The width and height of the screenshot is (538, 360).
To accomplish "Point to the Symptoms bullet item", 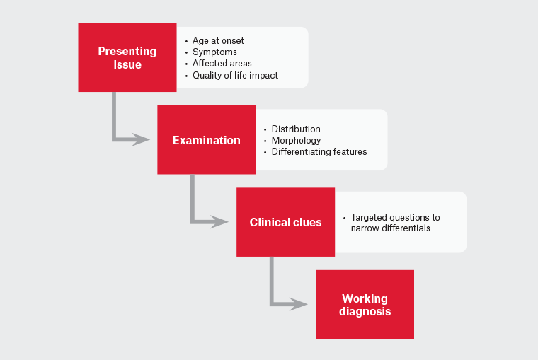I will (x=214, y=52).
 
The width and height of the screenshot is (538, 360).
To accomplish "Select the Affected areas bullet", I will (x=222, y=64).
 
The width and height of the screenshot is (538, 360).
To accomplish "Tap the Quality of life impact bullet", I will (x=235, y=75).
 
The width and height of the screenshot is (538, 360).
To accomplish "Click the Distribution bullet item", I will (x=296, y=129).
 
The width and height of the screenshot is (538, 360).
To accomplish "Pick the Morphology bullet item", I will (x=296, y=140).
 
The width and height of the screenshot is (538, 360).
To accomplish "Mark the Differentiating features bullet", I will (x=319, y=151).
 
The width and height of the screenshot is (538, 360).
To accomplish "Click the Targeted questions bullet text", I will (x=395, y=218).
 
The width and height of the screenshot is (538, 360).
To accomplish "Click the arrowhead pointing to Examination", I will (x=142, y=140).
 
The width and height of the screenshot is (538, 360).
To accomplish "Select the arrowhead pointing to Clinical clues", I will (x=220, y=222).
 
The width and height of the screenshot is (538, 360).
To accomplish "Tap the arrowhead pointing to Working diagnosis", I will (x=299, y=305).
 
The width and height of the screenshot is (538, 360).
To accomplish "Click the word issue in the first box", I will (x=127, y=65).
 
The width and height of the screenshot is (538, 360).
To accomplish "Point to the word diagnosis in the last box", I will (x=365, y=312).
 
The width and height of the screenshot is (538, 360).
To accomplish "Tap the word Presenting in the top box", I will (x=127, y=51).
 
